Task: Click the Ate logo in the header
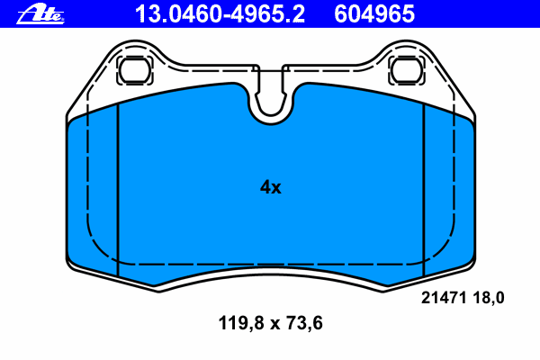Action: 40,14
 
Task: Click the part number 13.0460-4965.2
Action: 220,14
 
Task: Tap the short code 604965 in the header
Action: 374,14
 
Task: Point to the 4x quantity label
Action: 270,187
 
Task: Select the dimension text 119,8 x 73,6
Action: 270,323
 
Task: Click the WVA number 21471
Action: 444,298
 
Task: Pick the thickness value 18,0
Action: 489,298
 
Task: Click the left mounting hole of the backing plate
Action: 135,70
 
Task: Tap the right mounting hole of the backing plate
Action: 407,70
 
